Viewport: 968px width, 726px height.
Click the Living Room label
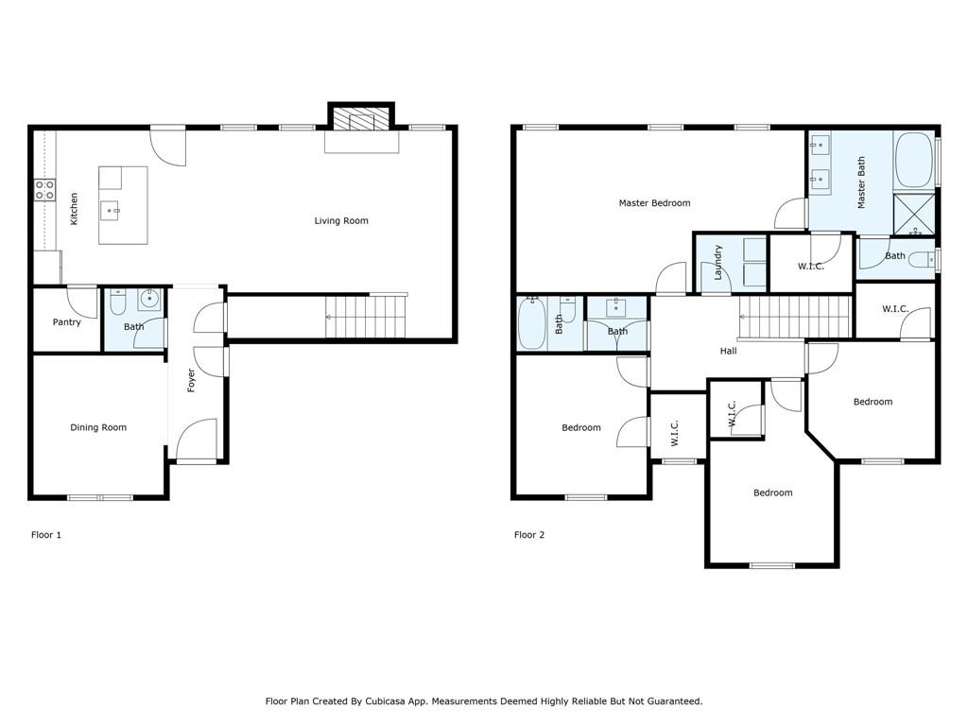[340, 220]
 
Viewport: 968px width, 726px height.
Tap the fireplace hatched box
[361, 118]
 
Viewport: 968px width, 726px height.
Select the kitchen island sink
[112, 211]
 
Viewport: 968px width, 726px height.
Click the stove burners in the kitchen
[44, 189]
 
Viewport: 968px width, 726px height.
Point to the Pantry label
[67, 322]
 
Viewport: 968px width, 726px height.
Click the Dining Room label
[98, 427]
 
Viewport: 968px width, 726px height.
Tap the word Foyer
[191, 380]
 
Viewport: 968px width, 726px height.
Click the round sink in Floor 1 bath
[149, 300]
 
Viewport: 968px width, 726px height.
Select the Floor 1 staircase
[366, 317]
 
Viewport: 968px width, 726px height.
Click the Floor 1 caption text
[46, 535]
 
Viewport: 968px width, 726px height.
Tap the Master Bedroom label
[654, 202]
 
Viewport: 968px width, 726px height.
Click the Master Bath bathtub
[914, 160]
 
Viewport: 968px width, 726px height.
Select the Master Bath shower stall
[914, 214]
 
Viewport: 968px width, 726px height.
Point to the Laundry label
[717, 263]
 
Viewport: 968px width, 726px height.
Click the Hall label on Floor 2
[729, 351]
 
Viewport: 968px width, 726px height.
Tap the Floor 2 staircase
[795, 317]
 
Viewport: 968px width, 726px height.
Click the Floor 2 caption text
[529, 535]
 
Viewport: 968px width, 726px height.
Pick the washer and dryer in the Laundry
[754, 263]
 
